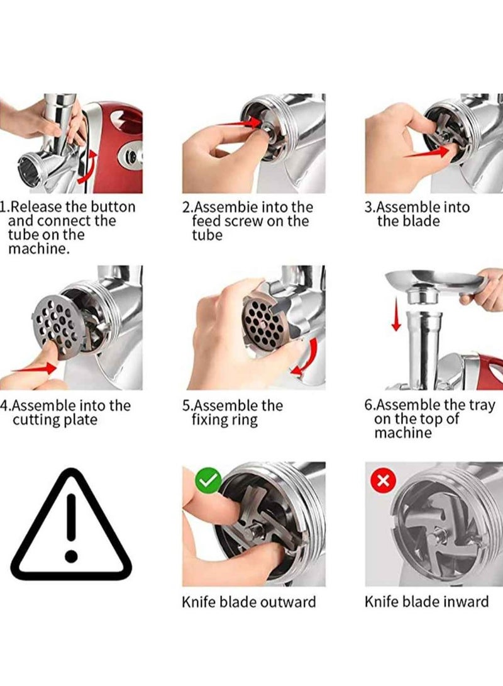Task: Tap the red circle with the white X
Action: pos(383,481)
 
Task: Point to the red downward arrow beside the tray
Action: pos(396,313)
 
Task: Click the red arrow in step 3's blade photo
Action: pos(426,152)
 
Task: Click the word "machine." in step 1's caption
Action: pos(39,249)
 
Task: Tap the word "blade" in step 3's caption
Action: pos(421,221)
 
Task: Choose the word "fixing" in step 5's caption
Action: pos(210,420)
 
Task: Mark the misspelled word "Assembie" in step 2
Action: pos(224,207)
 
